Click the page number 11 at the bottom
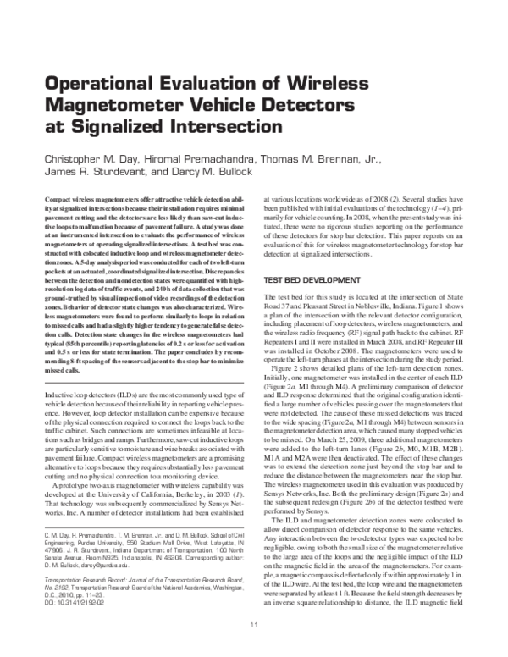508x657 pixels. [x=253, y=648]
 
